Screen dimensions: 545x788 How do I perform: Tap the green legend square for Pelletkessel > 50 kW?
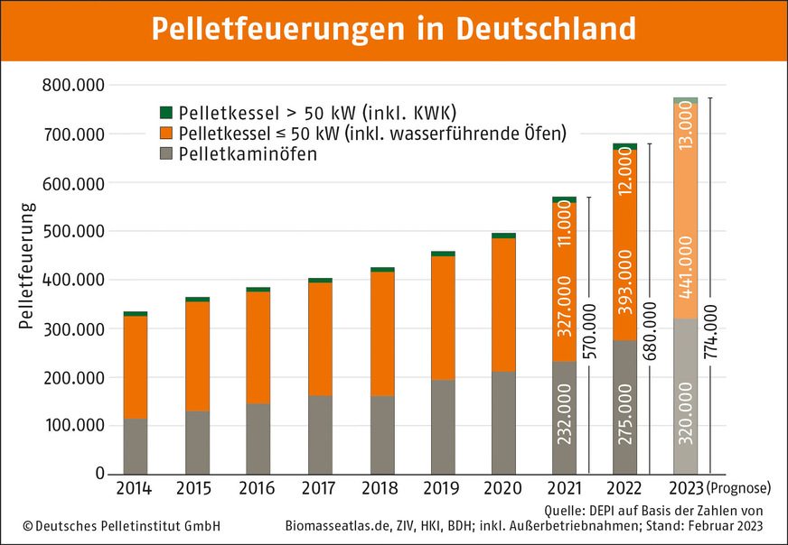click(165, 113)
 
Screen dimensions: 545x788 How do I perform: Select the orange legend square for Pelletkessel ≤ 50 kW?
click(165, 134)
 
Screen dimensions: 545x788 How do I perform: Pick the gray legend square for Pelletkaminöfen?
click(165, 154)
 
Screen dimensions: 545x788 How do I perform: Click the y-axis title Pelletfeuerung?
click(26, 266)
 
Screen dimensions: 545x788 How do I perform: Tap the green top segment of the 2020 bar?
click(504, 236)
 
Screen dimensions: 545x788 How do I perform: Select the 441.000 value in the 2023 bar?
click(686, 274)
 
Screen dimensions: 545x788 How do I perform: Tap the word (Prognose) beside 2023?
click(739, 489)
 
